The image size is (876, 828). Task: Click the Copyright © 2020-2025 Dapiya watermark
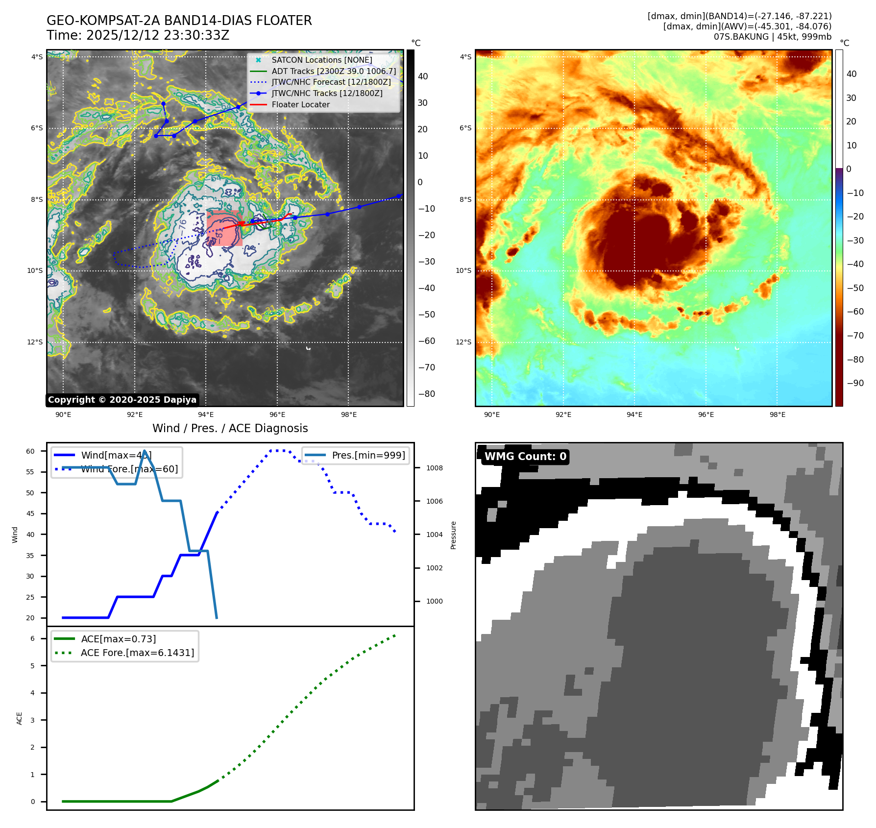click(122, 400)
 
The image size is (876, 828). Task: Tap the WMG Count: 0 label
click(525, 457)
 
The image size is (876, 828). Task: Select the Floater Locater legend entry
click(300, 105)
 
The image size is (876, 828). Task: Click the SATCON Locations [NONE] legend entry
click(321, 60)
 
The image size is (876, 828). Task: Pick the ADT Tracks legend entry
click(333, 72)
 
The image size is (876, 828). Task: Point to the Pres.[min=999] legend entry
click(368, 456)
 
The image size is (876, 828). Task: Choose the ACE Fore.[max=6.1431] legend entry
click(137, 653)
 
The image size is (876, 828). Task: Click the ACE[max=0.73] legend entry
click(119, 639)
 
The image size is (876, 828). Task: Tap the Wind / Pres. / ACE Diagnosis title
click(230, 429)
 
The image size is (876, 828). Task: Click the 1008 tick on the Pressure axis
click(434, 468)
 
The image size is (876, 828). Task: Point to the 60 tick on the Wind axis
click(30, 451)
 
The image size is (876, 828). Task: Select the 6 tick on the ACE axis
click(33, 639)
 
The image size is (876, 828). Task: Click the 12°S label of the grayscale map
click(35, 342)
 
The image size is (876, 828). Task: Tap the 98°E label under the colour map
click(777, 415)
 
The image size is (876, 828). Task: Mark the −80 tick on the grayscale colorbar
click(426, 394)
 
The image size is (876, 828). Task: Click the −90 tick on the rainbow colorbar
click(855, 383)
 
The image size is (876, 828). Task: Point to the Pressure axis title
click(453, 535)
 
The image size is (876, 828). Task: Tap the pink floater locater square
click(224, 228)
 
